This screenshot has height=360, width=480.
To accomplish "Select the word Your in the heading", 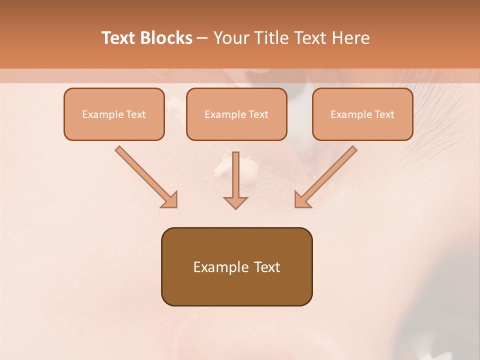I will (229, 38).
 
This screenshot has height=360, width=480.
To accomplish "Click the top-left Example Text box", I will (114, 114).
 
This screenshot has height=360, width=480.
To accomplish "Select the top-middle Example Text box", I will (236, 114).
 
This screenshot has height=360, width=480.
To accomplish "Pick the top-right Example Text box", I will (362, 114).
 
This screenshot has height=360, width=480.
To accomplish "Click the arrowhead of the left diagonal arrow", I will (170, 200).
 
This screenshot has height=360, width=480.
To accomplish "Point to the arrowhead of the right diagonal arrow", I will (302, 200).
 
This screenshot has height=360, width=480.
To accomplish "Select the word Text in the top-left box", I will (135, 114).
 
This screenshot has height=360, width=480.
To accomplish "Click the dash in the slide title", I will (202, 38).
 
